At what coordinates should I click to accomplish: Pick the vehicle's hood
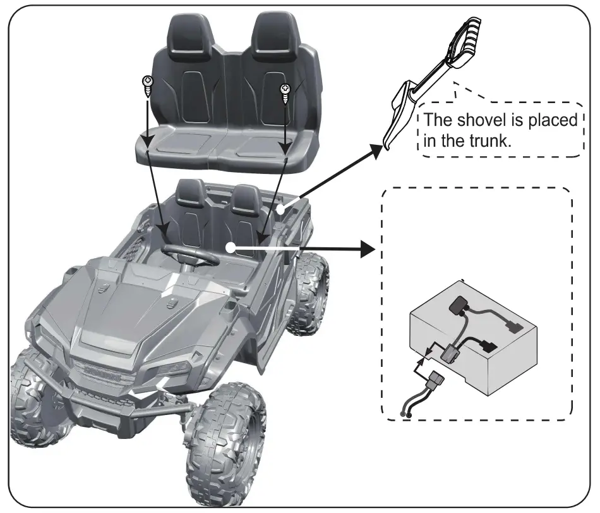(x=145, y=297)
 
